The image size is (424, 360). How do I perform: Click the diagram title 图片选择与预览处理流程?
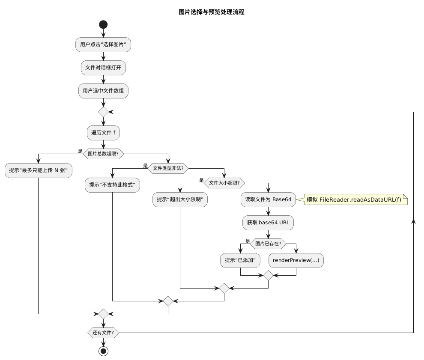point(212,12)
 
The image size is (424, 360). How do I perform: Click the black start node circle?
point(103,24)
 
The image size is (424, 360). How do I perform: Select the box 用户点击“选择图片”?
point(103,45)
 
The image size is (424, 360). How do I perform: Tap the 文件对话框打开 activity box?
point(103,68)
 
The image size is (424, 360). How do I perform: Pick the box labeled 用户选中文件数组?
point(103,91)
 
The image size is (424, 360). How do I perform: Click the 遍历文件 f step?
point(103,133)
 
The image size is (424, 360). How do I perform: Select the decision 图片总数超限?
point(103,153)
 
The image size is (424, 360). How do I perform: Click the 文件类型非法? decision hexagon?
point(168,168)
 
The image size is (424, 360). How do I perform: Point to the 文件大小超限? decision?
point(224,183)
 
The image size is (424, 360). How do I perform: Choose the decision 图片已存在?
point(268,244)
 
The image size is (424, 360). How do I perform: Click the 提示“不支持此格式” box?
point(112,185)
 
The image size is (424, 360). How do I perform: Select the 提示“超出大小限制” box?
point(180,199)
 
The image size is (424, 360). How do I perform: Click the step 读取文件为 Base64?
point(268,199)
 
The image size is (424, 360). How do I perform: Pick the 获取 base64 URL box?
point(268,223)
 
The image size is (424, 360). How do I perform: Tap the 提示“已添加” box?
point(240,260)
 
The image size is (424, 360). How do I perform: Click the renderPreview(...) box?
point(296,260)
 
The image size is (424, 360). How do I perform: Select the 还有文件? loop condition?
point(103,333)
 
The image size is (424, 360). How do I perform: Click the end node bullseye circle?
point(103,351)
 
